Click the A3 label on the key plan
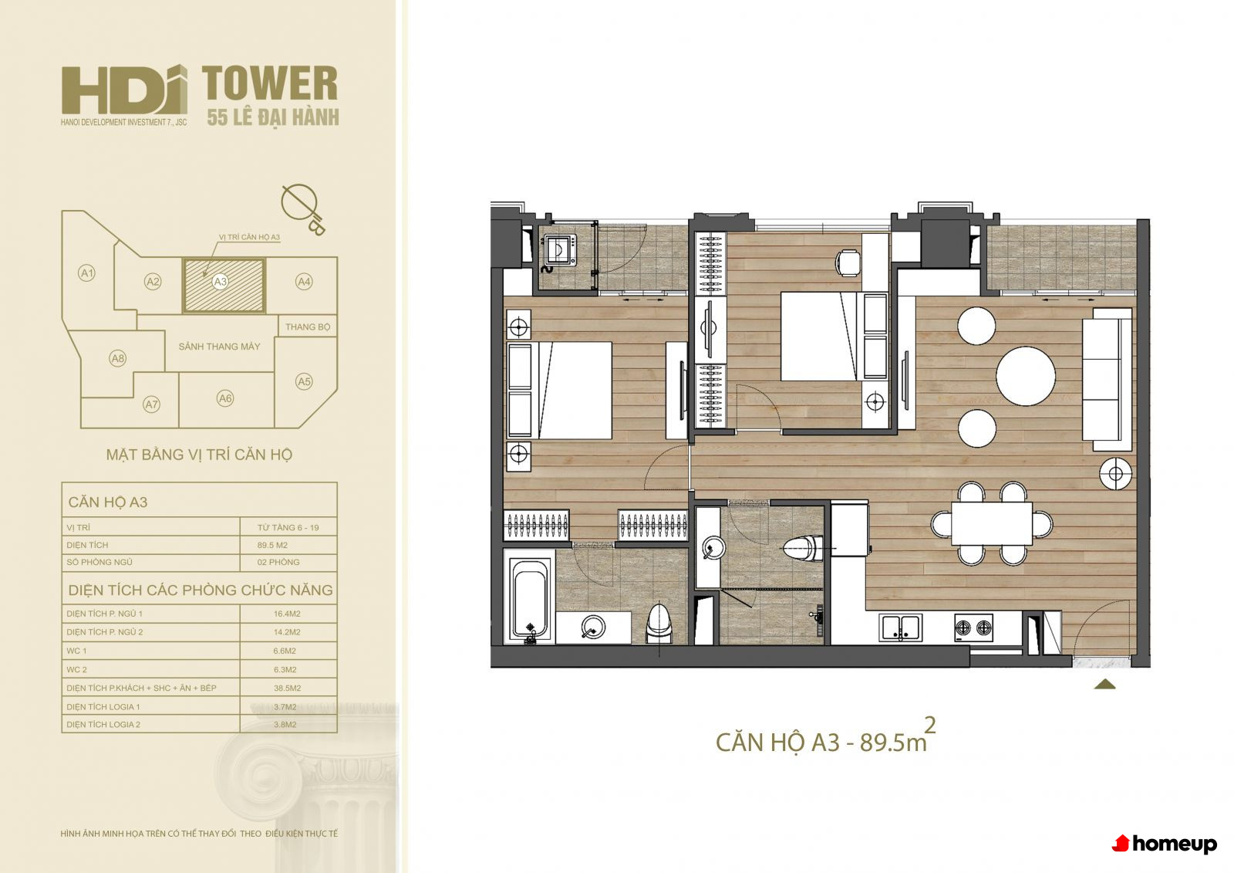pos(221,282)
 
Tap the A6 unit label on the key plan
pos(224,398)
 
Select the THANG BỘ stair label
pos(308,327)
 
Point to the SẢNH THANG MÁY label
pos(219,347)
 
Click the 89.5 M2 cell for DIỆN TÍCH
pos(272,545)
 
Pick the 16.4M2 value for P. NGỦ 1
pos(287,613)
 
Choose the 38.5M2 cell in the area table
pos(287,688)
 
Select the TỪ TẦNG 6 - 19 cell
pos(288,527)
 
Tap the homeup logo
pos(1165,843)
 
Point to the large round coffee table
pos(1026,376)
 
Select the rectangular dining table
pos(992,523)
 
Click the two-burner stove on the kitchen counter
pos(973,628)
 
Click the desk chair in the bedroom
pos(848,262)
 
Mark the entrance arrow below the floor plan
pos(1104,685)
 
